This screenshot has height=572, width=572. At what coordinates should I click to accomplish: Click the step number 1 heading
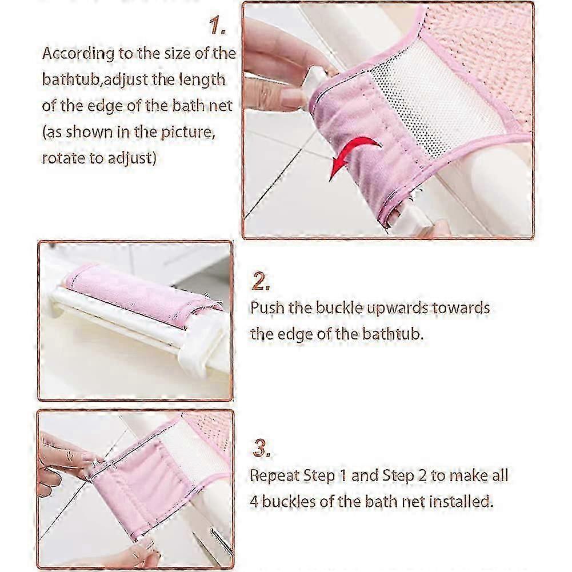pyautogui.click(x=217, y=26)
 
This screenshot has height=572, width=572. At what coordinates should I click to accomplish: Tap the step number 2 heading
pyautogui.click(x=261, y=281)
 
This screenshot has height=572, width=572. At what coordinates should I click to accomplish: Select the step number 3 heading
pyautogui.click(x=262, y=448)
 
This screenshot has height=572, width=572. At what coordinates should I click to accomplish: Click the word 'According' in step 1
pyautogui.click(x=78, y=54)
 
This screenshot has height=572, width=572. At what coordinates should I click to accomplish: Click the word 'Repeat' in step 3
pyautogui.click(x=274, y=475)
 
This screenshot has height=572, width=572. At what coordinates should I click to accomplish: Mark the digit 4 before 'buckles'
pyautogui.click(x=254, y=502)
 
